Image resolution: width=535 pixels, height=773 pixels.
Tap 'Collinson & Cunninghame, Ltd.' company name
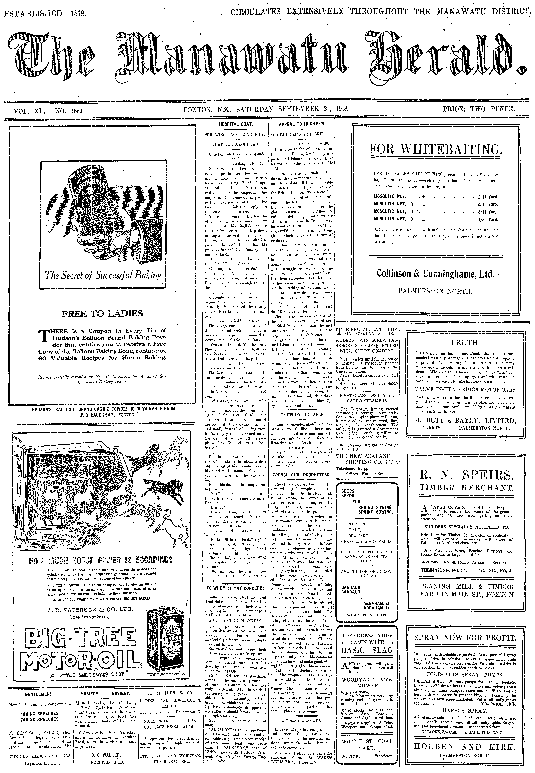(435, 274)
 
